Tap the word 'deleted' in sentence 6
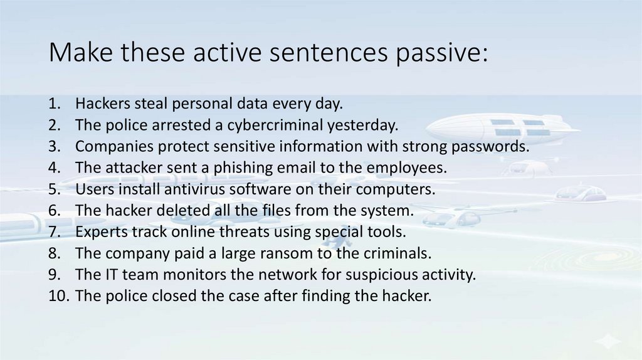pos(164,210)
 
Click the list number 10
pos(58,295)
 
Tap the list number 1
pos(54,103)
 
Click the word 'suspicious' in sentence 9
pos(372,274)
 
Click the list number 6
pos(54,210)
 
